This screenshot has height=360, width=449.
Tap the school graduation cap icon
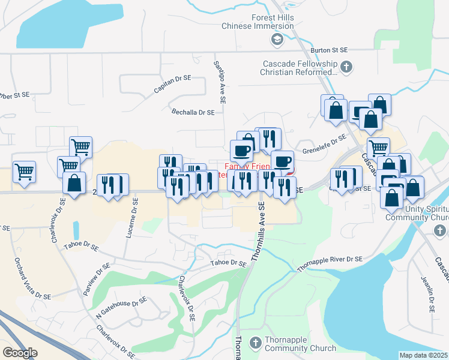pos(277,40)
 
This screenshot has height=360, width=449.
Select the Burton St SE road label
pos(330,52)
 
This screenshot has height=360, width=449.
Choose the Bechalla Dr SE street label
pos(193,112)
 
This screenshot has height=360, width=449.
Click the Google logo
pos(20,352)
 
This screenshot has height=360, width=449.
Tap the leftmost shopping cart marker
pos(24,172)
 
